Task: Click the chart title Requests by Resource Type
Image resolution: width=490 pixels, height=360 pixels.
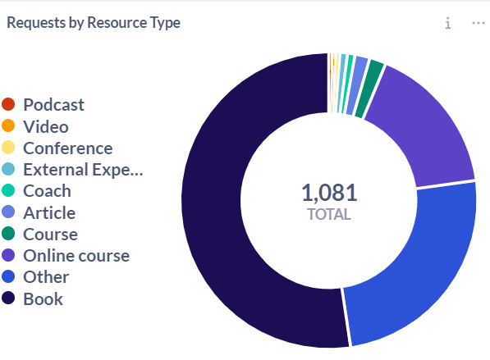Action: coord(94,23)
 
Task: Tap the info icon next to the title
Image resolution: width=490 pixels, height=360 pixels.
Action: coord(448,23)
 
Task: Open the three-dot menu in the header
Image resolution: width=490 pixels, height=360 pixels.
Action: coord(479,23)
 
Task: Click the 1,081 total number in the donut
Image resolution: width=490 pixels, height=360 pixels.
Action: coord(329,193)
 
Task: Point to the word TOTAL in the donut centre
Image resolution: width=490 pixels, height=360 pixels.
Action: coord(329,215)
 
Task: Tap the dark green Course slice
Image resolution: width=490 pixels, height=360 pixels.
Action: coord(371,88)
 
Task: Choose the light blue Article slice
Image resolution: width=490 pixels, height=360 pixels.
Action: coord(358,84)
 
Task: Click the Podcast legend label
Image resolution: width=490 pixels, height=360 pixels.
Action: coord(53,105)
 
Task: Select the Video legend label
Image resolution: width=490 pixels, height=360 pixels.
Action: coord(46,127)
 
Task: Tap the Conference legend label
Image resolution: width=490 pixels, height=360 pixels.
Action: coord(68,148)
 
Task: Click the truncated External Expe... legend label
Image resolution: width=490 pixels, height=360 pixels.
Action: coord(83,170)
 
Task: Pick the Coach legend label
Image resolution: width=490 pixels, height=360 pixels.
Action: coord(47,191)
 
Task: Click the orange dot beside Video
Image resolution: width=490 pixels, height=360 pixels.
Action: coord(8,125)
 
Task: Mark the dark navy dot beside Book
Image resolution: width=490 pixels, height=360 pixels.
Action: coord(8,298)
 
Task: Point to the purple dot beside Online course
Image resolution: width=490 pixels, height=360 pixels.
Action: coord(8,255)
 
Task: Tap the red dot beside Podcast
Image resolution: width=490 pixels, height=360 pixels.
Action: coord(8,104)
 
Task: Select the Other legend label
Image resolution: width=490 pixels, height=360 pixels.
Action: coord(46,277)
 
